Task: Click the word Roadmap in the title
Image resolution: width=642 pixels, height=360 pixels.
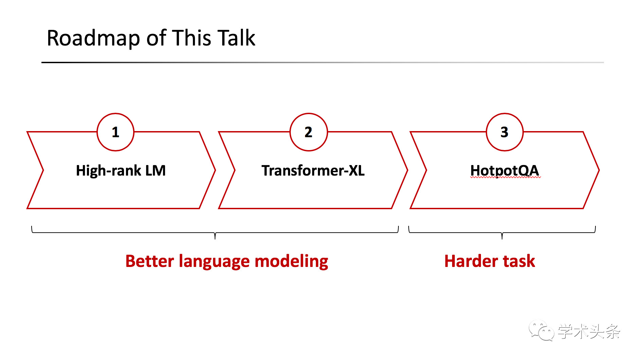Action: tap(93, 38)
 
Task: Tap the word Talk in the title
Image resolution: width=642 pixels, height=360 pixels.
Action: tap(236, 37)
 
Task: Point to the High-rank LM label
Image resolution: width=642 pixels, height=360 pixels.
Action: tap(121, 170)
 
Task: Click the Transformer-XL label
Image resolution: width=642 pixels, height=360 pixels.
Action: tap(313, 170)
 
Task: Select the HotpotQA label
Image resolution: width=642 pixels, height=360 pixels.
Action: tap(505, 170)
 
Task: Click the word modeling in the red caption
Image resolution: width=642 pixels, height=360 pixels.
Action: tap(291, 262)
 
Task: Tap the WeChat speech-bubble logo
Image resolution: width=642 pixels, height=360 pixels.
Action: tap(541, 330)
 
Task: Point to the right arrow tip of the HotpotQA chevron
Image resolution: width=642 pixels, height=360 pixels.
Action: tap(599, 170)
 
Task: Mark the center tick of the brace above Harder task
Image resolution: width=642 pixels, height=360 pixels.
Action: tap(502, 236)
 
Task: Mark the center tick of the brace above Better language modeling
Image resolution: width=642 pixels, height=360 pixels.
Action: tap(215, 236)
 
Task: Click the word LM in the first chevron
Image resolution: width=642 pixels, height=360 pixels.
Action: tap(156, 170)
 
